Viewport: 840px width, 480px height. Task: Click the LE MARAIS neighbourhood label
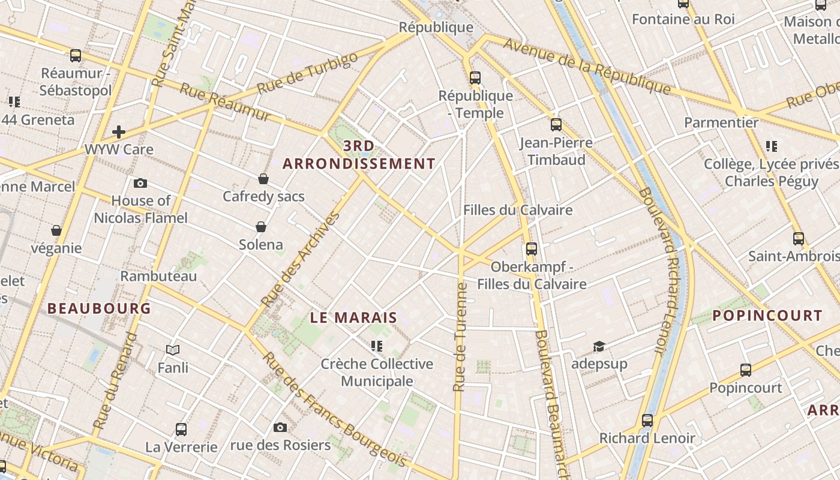click(x=353, y=317)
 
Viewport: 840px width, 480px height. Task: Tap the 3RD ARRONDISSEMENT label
click(x=359, y=155)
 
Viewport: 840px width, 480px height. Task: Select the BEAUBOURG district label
click(x=99, y=308)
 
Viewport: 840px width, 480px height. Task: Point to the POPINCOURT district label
click(x=767, y=316)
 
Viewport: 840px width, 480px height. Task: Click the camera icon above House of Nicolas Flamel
click(x=140, y=183)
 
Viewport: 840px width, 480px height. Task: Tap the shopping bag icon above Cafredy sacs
click(x=263, y=179)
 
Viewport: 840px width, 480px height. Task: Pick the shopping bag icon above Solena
click(x=260, y=227)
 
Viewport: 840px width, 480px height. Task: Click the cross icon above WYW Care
click(x=119, y=131)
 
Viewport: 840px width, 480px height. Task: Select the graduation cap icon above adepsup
click(x=599, y=346)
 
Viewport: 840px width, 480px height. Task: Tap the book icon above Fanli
click(x=173, y=350)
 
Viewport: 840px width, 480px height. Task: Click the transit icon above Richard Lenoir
click(x=647, y=420)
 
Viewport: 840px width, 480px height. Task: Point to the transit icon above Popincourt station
click(x=745, y=370)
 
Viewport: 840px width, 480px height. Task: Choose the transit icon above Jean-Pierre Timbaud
click(x=556, y=125)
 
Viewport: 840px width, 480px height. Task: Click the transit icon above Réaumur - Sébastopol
click(x=76, y=56)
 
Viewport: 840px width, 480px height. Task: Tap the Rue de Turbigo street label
click(x=307, y=73)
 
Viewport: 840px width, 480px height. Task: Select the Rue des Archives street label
click(x=301, y=259)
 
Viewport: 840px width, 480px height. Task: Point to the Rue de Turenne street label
click(x=461, y=337)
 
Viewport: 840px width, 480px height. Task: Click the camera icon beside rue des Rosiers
click(x=280, y=427)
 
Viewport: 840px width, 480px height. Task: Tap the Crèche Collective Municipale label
click(x=377, y=372)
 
